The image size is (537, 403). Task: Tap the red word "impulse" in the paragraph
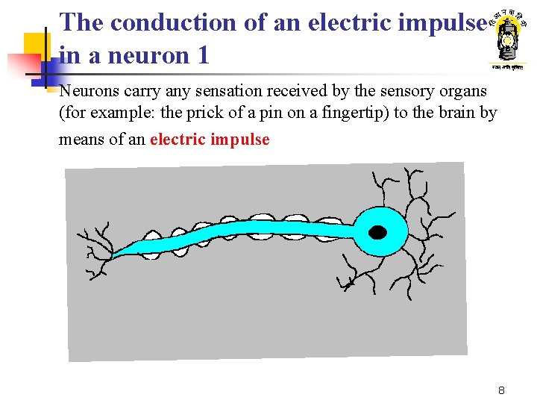point(240,140)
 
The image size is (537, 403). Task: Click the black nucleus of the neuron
point(378,232)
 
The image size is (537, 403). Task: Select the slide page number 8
point(502,390)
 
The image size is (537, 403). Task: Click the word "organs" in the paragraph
point(465,91)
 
